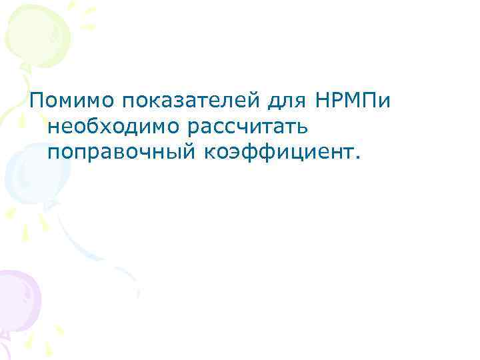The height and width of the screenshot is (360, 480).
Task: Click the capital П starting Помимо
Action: point(36,101)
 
